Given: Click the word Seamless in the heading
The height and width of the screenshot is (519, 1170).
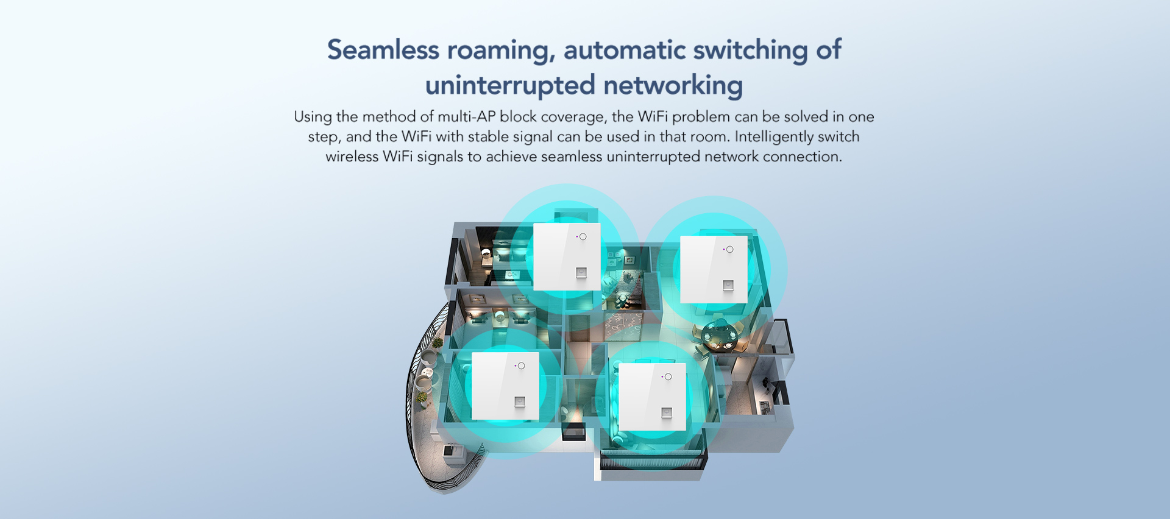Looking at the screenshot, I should [383, 50].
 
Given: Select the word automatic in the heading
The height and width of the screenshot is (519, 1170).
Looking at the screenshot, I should [625, 50].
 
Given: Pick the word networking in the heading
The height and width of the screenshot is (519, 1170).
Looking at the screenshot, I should [673, 85].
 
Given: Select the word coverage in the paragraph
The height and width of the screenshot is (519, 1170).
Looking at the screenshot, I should [573, 116].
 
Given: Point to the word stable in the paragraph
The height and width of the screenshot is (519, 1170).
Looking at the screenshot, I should [486, 136].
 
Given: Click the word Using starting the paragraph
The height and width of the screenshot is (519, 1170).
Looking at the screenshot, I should [313, 116].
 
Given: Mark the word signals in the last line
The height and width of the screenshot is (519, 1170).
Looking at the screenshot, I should [440, 157].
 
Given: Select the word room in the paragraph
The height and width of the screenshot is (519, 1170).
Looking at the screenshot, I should [710, 136].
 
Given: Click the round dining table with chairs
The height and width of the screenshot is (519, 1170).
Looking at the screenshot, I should [719, 336].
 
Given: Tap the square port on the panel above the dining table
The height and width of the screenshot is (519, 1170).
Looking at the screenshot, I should [728, 285].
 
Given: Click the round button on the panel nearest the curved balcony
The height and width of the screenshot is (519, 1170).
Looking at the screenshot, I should [521, 365].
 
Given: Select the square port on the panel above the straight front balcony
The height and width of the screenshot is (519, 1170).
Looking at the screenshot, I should [667, 413].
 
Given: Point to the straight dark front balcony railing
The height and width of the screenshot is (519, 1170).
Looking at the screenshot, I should [652, 460].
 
